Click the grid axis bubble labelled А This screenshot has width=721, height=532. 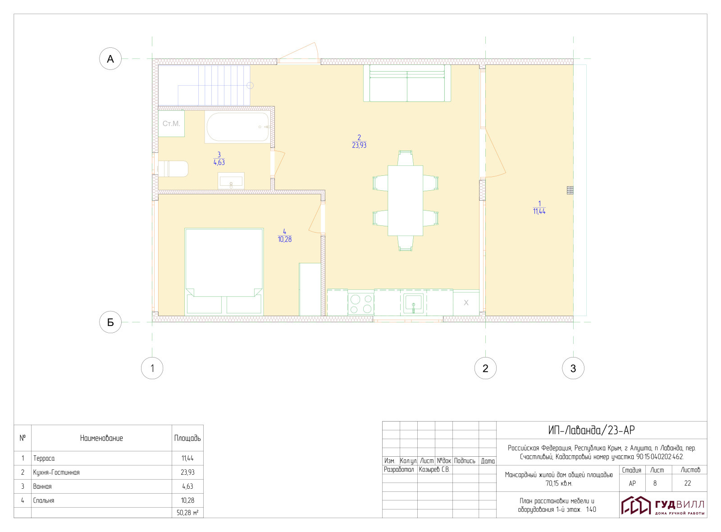(x=110, y=59)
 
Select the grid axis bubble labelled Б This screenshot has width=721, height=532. (x=110, y=322)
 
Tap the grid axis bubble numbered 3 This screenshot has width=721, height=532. (x=573, y=368)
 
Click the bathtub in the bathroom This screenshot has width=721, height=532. (x=238, y=127)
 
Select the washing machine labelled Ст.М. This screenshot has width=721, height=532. (x=171, y=124)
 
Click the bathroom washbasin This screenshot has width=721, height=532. (x=231, y=181)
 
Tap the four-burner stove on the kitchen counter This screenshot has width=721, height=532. (x=361, y=304)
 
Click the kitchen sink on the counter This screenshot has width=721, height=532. (x=414, y=304)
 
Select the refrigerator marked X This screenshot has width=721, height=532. (x=466, y=303)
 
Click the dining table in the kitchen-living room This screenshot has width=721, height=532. (x=405, y=201)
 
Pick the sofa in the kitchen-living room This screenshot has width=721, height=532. (x=407, y=83)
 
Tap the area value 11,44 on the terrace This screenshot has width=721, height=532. (x=539, y=211)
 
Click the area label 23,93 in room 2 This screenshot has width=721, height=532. (x=359, y=145)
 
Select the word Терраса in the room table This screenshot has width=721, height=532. (x=44, y=458)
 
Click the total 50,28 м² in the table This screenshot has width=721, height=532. (x=187, y=513)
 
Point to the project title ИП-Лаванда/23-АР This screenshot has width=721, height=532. (x=591, y=430)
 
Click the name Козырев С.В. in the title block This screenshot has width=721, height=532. (x=434, y=469)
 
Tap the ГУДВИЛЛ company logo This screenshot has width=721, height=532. (x=662, y=505)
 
